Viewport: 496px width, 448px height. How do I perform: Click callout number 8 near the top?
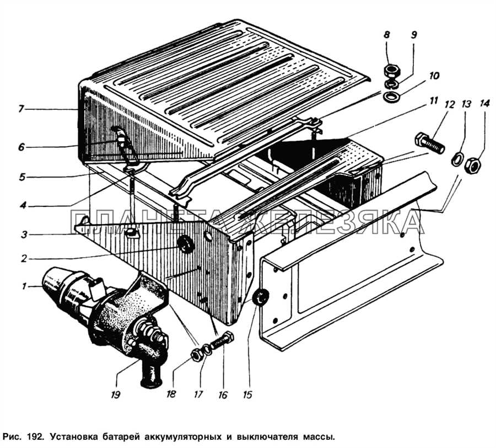387,35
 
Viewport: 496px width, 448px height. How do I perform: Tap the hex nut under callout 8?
392,71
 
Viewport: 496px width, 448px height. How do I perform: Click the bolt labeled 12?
429,143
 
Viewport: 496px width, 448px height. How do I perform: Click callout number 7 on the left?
20,109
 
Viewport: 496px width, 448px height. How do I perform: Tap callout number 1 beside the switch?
24,286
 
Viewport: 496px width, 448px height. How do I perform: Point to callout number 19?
116,394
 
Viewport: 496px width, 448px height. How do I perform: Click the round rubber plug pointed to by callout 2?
186,244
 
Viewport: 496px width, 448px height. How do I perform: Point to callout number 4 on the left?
23,205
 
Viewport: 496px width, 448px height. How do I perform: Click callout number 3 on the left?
24,234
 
